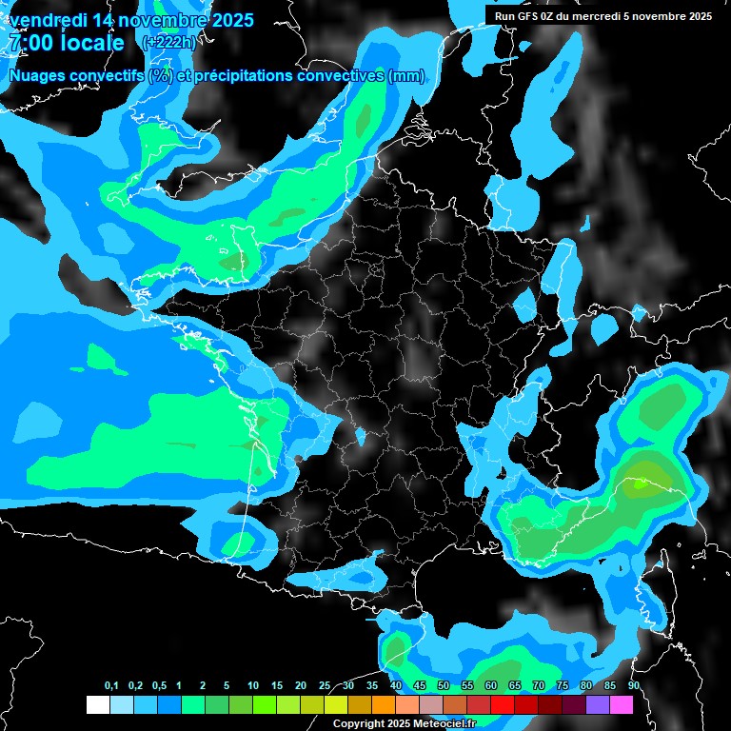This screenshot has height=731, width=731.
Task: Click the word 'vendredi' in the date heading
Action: (x=48, y=20)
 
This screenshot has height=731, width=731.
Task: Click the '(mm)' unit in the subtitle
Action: (x=406, y=76)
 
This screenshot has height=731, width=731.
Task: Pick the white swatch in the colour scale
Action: (x=97, y=705)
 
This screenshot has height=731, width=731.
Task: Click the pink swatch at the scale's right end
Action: (x=622, y=705)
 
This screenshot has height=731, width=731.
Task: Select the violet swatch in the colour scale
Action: (x=598, y=705)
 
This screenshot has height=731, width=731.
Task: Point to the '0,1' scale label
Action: (x=110, y=686)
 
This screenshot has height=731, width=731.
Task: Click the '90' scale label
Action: (x=634, y=686)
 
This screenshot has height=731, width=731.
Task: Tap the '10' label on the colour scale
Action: (x=253, y=686)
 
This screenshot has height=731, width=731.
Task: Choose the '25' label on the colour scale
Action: (x=325, y=686)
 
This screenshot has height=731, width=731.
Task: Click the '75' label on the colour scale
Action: (x=563, y=686)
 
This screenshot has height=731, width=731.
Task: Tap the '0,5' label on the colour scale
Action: (x=158, y=686)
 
